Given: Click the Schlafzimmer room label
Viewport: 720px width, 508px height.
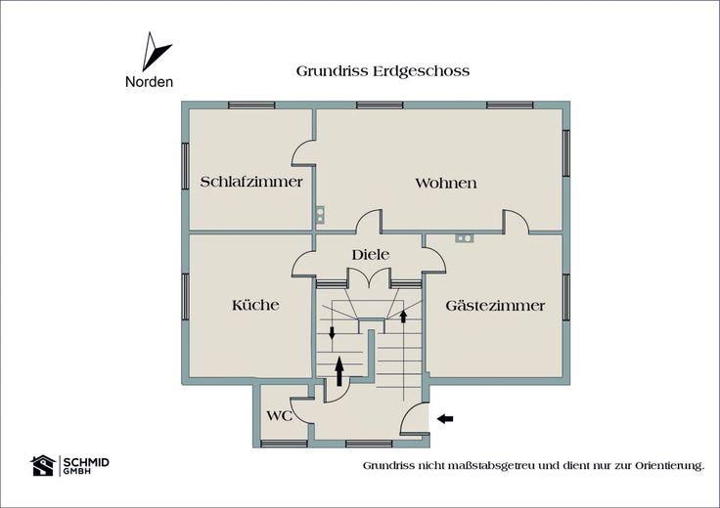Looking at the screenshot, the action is (251, 182).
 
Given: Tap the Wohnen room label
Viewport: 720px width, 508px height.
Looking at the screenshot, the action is (446, 184).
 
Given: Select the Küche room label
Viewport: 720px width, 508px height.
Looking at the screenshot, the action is (255, 305).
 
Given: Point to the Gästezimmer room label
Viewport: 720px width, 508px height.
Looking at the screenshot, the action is (495, 306).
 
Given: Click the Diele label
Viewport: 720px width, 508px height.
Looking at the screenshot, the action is (371, 254).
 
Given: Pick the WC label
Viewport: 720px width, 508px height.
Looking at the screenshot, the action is (279, 416).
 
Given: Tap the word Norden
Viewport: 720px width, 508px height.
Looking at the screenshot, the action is (150, 82).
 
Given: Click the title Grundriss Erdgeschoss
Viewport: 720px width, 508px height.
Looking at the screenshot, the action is (382, 71).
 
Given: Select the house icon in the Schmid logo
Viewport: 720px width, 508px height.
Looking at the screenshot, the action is (43, 465).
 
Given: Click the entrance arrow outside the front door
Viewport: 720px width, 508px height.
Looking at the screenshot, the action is (445, 418).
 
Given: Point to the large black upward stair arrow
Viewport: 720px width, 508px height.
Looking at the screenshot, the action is (339, 371).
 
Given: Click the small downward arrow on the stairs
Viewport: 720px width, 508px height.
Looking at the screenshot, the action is (332, 333).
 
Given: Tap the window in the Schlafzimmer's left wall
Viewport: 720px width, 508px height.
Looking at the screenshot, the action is (185, 166).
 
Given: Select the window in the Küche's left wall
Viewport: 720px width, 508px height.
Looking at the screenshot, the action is (185, 297).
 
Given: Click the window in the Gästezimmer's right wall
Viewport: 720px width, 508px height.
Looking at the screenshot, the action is (566, 297).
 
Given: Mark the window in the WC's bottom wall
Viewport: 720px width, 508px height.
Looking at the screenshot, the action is (284, 444).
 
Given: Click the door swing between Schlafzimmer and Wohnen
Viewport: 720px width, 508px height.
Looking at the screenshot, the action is (303, 152).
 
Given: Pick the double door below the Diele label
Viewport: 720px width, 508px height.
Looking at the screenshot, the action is (370, 277).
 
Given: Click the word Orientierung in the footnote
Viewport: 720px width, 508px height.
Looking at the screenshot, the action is (669, 466).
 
